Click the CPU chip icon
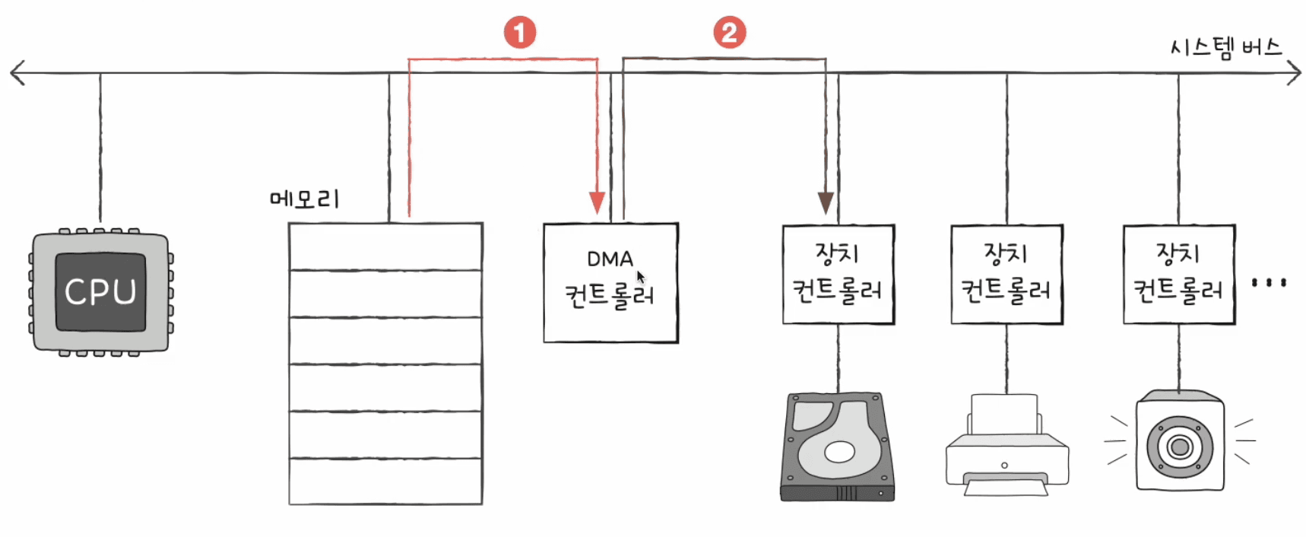click(100, 292)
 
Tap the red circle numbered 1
click(520, 33)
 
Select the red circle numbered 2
click(729, 33)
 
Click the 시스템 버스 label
click(1226, 48)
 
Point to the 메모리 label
click(305, 199)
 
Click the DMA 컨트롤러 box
click(610, 283)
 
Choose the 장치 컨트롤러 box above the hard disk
click(838, 275)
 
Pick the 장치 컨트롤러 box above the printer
click(1007, 275)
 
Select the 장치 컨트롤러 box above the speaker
click(1179, 275)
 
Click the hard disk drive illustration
click(838, 446)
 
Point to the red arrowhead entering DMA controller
click(598, 202)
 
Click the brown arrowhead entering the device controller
click(826, 203)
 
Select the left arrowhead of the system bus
click(17, 73)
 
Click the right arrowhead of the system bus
click(1293, 73)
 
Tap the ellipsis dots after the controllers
click(1269, 282)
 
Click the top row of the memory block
click(385, 246)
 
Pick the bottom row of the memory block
click(385, 481)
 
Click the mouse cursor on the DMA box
click(640, 277)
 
